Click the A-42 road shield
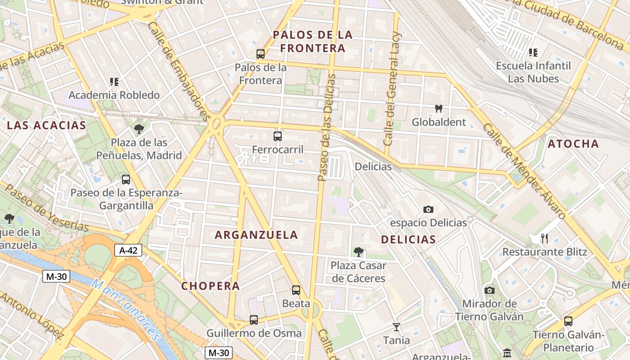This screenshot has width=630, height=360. click(128, 251)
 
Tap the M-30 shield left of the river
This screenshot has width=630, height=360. click(56, 276)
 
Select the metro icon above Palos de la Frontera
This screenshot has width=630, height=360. click(260, 54)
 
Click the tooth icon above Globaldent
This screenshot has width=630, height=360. click(439, 108)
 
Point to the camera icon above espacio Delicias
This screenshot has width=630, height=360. click(428, 209)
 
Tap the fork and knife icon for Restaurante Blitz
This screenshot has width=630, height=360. click(544, 238)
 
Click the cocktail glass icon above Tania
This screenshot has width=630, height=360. click(396, 327)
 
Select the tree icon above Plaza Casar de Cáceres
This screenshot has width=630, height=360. click(358, 252)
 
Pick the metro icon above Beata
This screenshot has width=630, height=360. click(296, 290)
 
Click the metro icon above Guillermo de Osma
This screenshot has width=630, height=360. click(254, 320)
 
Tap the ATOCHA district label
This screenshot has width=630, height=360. click(573, 144)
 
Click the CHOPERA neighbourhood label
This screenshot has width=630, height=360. click(211, 286)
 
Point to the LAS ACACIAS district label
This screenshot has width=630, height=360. click(46, 126)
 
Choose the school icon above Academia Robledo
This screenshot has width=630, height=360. click(114, 82)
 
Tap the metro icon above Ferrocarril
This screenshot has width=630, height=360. click(278, 136)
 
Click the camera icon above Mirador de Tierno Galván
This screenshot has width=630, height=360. click(489, 290)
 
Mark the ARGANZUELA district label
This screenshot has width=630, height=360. click(256, 235)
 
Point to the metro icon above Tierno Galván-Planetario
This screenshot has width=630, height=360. click(568, 321)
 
